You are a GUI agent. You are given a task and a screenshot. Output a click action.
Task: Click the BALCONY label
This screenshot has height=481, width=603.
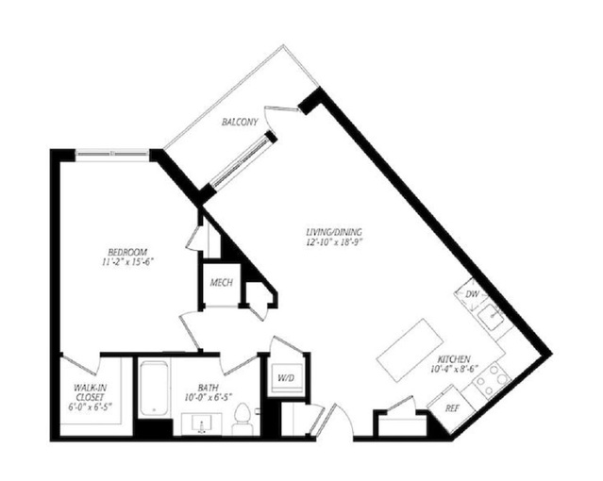pyautogui.click(x=240, y=123)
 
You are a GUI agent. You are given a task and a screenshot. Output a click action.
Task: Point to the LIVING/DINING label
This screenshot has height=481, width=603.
pyautogui.click(x=334, y=232)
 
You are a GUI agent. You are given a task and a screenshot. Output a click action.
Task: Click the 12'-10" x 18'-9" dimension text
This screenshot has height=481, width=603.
pyautogui.click(x=334, y=241)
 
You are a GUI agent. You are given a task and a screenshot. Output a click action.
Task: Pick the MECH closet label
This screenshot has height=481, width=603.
pyautogui.click(x=222, y=283)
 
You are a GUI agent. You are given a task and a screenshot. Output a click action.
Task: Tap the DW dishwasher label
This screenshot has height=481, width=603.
pyautogui.click(x=472, y=294)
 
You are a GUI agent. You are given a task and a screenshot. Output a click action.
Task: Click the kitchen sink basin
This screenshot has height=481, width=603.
pyautogui.click(x=491, y=317)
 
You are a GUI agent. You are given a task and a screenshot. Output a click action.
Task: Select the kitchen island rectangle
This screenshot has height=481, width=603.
pyautogui.click(x=408, y=350)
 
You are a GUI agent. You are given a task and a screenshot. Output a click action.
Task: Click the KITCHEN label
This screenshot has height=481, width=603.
pyautogui.click(x=454, y=359)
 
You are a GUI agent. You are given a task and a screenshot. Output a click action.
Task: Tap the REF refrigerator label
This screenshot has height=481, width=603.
pyautogui.click(x=453, y=408)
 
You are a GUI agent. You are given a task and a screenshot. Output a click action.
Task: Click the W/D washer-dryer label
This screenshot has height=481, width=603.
pyautogui.click(x=286, y=378)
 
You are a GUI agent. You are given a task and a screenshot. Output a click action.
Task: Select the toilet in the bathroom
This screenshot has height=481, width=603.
pyautogui.click(x=243, y=419)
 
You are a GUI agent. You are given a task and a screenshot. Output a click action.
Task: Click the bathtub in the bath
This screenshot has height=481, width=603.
pyautogui.click(x=153, y=388)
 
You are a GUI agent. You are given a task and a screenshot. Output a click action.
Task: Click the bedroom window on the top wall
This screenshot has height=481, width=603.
pyautogui.click(x=112, y=154)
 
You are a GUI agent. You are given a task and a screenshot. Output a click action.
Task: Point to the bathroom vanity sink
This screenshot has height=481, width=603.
pyautogui.click(x=201, y=424)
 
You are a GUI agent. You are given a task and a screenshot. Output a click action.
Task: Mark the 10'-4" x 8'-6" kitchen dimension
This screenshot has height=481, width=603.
pyautogui.click(x=454, y=369)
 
